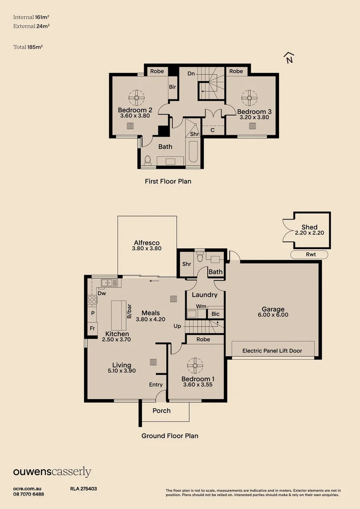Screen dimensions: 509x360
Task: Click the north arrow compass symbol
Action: tap(289, 57)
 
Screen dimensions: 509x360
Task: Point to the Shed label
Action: tap(310, 227)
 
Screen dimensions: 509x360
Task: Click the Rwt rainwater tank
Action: tap(309, 255)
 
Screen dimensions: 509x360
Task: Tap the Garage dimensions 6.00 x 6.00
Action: tap(273, 315)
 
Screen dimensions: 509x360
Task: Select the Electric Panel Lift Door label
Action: tap(272, 351)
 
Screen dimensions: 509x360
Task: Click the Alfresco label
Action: tap(147, 243)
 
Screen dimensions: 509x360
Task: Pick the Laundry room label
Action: tap(205, 295)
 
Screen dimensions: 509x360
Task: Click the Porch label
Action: tap(162, 410)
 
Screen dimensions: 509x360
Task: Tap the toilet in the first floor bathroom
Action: tap(147, 161)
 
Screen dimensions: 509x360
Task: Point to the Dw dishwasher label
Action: tap(101, 293)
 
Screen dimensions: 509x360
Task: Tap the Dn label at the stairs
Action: tap(191, 74)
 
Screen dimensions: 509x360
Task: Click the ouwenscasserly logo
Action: tap(52, 472)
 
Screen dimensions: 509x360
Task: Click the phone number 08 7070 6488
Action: tap(29, 494)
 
